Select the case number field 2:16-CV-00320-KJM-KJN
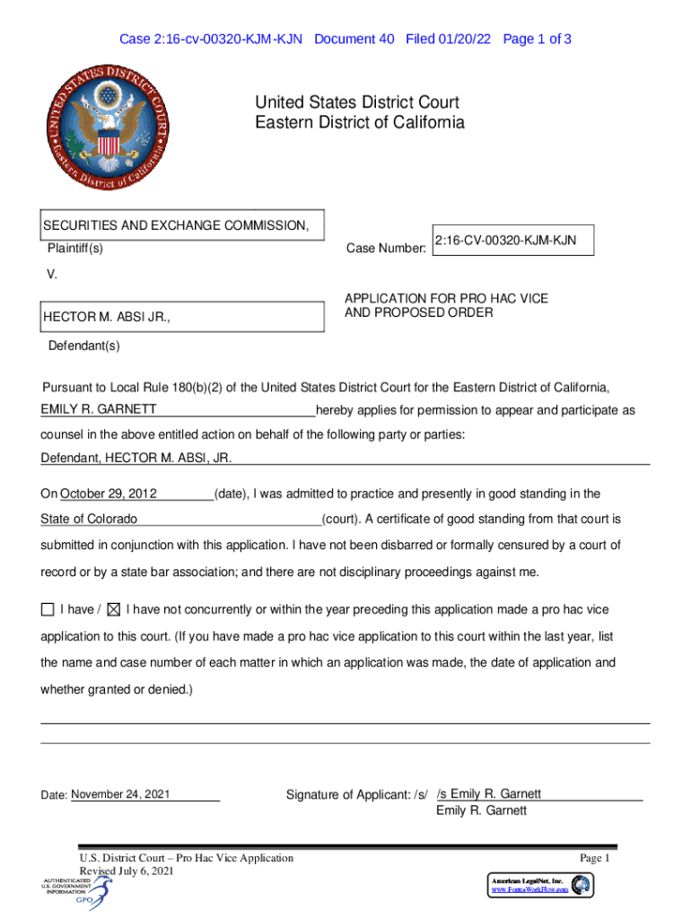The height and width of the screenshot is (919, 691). (x=512, y=241)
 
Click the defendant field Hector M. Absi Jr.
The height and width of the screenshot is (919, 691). (x=181, y=318)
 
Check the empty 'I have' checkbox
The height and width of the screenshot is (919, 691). (x=48, y=610)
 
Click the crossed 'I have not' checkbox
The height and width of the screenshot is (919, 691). (x=113, y=610)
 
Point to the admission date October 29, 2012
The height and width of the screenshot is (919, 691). (x=109, y=494)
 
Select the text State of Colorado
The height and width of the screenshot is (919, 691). (x=89, y=520)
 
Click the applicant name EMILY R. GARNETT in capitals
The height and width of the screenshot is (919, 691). (x=99, y=410)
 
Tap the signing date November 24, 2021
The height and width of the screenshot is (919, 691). (x=120, y=794)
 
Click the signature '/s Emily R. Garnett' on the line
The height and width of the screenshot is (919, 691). (x=489, y=793)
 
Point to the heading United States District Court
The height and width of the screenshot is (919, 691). (x=357, y=103)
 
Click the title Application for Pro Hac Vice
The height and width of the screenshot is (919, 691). (x=446, y=298)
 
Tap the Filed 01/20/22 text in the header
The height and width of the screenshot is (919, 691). (x=448, y=39)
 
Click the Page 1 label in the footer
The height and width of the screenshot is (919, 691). (x=594, y=859)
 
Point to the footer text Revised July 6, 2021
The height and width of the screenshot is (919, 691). (x=127, y=871)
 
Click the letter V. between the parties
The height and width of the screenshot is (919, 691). (x=51, y=275)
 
